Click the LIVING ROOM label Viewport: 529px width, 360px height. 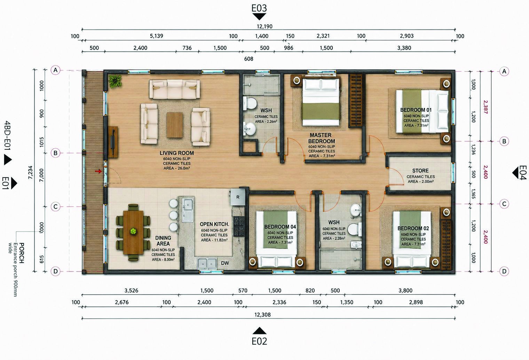tap(177, 153)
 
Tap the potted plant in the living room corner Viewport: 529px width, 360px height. tap(115, 81)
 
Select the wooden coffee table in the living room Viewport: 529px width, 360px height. tap(175, 125)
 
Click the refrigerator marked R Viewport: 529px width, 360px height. tap(238, 197)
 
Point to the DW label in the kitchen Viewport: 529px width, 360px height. tap(225, 263)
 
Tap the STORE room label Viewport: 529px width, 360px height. tap(420, 171)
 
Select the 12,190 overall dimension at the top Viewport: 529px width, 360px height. tap(264, 26)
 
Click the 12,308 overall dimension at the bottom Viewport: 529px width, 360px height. tap(262, 315)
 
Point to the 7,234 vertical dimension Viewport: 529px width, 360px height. tap(31, 172)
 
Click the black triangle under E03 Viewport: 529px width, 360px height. tap(259, 16)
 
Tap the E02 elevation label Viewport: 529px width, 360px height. tap(259, 341)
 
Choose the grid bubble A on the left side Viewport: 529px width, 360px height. tap(55, 70)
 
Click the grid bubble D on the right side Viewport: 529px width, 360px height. tap(504, 271)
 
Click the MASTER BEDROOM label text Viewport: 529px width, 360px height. tap(321, 138)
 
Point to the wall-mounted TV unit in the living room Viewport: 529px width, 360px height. tap(113, 142)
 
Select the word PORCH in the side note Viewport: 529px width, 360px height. tap(21, 253)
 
